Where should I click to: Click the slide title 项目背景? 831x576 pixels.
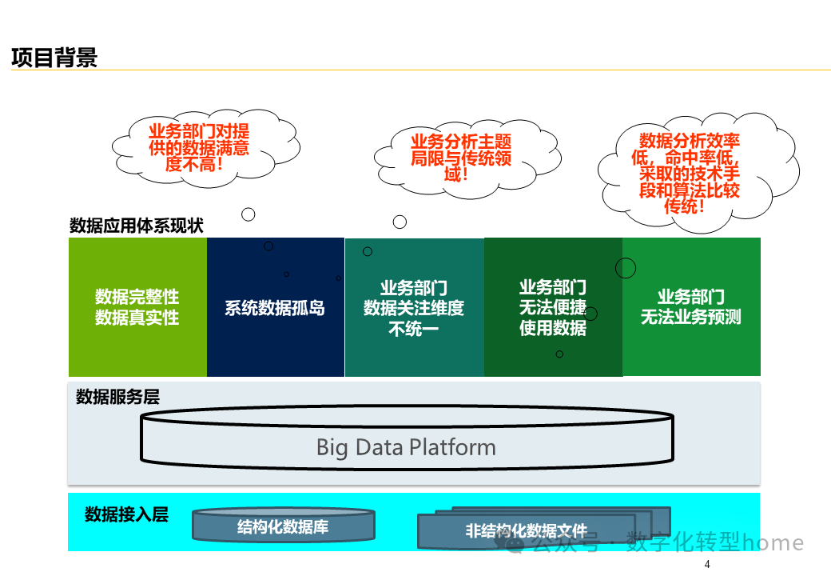tap(54, 58)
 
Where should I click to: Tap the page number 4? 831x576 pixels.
tap(707, 565)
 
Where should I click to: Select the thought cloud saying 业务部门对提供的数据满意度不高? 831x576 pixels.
tap(199, 148)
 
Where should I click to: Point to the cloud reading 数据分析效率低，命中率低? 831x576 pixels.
tap(690, 173)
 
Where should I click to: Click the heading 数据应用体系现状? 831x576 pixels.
tap(137, 226)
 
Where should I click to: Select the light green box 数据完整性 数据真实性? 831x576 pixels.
tap(137, 307)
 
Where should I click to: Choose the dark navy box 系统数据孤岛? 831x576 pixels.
tap(275, 308)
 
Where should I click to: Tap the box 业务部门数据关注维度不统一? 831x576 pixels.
tap(414, 308)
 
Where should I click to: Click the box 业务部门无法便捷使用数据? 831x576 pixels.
tap(553, 308)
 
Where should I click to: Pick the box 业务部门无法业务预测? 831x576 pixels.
tap(691, 307)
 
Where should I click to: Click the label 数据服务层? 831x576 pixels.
tap(117, 397)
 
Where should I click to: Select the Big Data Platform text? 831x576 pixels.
tap(406, 447)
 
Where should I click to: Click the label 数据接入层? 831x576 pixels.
tap(126, 514)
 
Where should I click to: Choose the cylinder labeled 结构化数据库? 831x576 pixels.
tap(283, 526)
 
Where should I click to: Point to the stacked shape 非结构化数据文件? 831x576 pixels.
tap(527, 530)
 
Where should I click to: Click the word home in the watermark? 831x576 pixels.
tap(773, 543)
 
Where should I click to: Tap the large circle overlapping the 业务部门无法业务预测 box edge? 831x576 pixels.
tap(626, 268)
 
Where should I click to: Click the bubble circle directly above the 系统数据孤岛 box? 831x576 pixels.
tap(249, 214)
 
